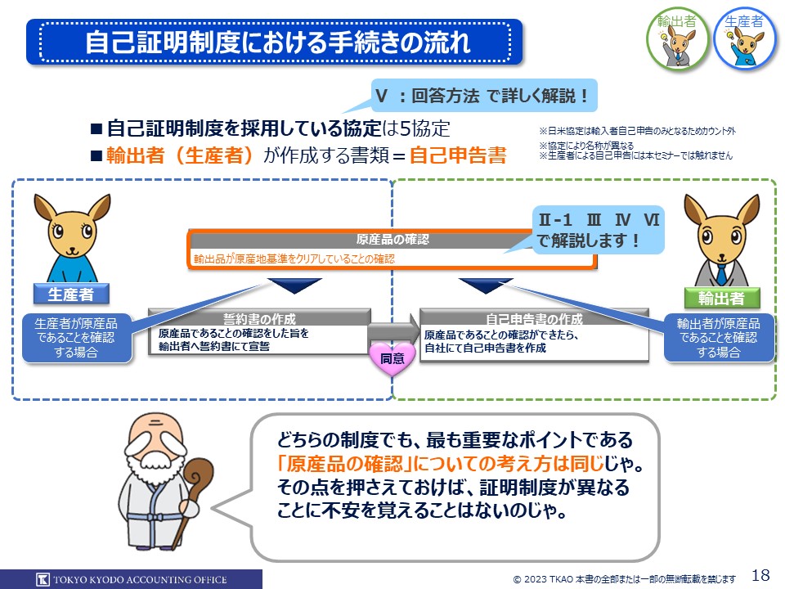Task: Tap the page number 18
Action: [x=760, y=574]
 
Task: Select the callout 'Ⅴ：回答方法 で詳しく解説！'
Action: [x=482, y=96]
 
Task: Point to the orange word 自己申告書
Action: [x=458, y=155]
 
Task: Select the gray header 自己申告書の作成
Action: [x=534, y=317]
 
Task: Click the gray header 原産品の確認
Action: [x=392, y=240]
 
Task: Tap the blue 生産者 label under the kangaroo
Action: [x=70, y=294]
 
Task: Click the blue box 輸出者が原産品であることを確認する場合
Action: [x=719, y=337]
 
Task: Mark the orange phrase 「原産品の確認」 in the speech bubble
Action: [x=345, y=465]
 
